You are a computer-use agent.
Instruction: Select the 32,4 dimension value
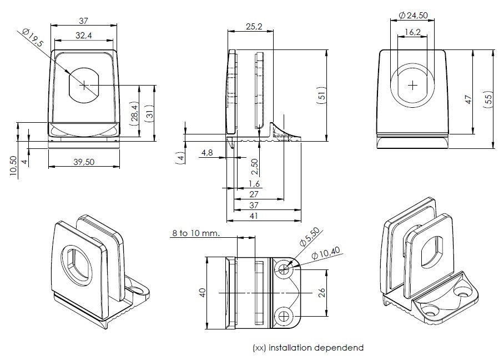(84, 35)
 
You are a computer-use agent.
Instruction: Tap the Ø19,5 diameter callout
(34, 41)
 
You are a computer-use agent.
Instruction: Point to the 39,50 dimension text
(84, 162)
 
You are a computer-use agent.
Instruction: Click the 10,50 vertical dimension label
(13, 166)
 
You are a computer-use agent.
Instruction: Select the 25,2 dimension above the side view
(253, 26)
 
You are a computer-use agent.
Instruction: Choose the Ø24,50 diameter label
(413, 16)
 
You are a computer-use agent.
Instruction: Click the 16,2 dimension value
(412, 33)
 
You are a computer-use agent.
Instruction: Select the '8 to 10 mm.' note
(195, 233)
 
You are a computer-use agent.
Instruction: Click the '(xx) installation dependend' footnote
(308, 348)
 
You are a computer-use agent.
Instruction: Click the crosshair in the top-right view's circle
(412, 85)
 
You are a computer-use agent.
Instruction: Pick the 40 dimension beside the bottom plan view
(203, 292)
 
